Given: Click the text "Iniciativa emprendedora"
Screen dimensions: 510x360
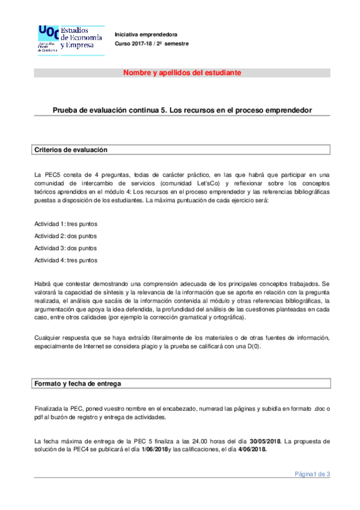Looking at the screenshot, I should [x=144, y=34].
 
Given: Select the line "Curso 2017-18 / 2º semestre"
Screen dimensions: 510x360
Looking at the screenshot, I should [x=151, y=44].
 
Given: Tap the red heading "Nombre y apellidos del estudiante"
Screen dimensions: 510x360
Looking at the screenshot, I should [x=182, y=73].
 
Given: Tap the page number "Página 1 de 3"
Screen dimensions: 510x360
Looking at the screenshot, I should [x=312, y=475].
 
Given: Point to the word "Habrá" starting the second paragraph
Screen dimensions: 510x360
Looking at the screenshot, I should [x=42, y=283].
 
